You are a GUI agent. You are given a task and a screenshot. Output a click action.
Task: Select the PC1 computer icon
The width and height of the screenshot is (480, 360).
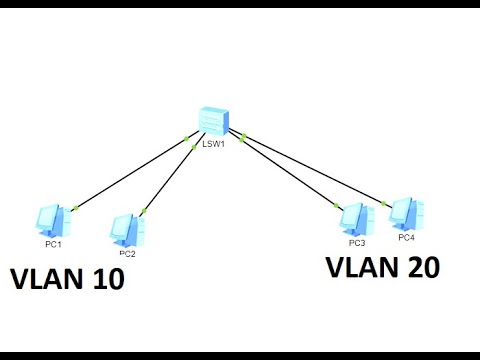click(51, 220)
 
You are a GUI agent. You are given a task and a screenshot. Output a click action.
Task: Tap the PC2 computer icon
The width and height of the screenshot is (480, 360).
click(129, 228)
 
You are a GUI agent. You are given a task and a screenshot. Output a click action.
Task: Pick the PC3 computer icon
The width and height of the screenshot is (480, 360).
click(355, 220)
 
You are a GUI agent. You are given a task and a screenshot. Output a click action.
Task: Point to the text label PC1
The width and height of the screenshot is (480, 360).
click(52, 243)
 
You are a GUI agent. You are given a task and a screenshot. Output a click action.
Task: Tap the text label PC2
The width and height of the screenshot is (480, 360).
click(128, 253)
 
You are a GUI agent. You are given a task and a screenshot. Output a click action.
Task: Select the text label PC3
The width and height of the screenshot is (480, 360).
click(356, 242)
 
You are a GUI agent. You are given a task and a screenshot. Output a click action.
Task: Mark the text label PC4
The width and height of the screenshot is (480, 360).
click(406, 238)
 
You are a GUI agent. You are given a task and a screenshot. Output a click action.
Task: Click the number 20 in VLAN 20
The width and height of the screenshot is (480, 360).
click(417, 268)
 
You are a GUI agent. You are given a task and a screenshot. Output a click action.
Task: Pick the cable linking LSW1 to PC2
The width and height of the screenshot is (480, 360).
click(170, 180)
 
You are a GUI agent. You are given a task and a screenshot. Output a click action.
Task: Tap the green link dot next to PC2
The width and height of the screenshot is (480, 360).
click(145, 211)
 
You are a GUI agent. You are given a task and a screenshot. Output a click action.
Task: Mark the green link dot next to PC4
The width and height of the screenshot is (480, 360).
click(386, 203)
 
